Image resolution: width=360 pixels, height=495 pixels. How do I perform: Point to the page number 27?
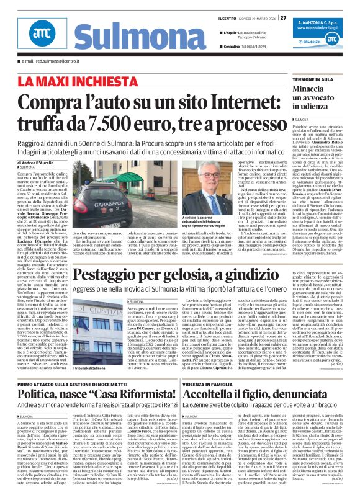[283, 17]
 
